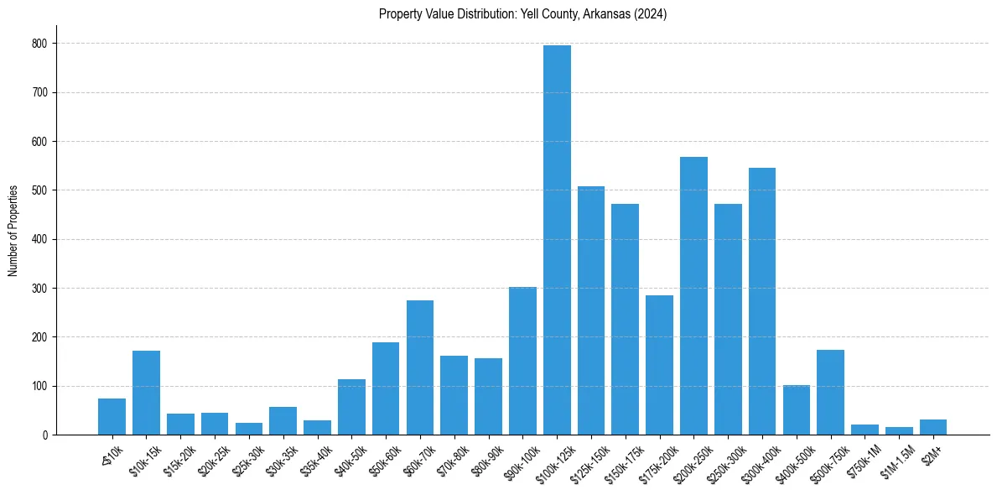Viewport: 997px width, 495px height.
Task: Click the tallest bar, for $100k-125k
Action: click(x=557, y=240)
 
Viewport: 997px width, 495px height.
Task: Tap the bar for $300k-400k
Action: click(x=762, y=301)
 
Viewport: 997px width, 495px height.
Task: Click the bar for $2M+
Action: click(x=933, y=427)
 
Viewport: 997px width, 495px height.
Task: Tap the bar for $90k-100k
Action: click(x=522, y=361)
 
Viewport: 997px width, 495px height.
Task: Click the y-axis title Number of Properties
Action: click(x=13, y=231)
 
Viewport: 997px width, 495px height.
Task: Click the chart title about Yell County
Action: click(x=522, y=14)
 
